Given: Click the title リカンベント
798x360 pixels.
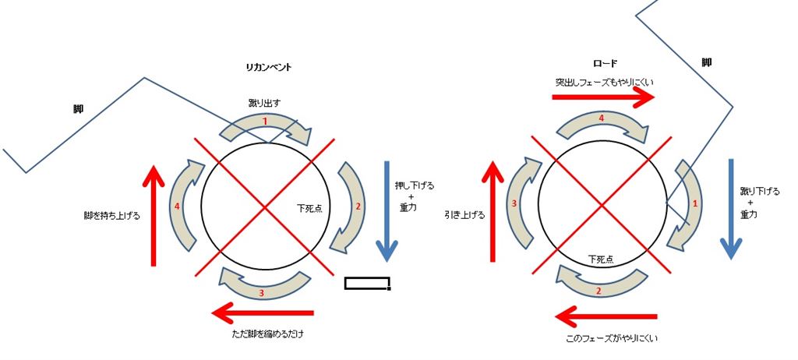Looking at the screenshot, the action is pyautogui.click(x=268, y=67).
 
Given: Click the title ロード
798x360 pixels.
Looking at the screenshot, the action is pyautogui.click(x=605, y=64).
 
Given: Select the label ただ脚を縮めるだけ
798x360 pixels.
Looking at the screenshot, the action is pyautogui.click(x=268, y=334).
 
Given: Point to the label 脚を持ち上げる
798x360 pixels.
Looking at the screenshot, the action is pyautogui.click(x=111, y=215).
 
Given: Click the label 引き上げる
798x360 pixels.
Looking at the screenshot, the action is pyautogui.click(x=464, y=215).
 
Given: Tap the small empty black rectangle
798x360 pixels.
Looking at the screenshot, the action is pyautogui.click(x=368, y=283).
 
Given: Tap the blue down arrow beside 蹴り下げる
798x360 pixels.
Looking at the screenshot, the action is pyautogui.click(x=731, y=209).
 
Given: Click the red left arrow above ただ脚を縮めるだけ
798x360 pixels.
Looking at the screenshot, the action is pyautogui.click(x=263, y=312).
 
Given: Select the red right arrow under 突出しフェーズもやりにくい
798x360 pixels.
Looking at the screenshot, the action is pyautogui.click(x=603, y=97).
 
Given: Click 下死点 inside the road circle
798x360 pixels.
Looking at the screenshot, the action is pyautogui.click(x=601, y=259).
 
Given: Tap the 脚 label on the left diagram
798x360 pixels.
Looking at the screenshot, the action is pyautogui.click(x=79, y=109).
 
